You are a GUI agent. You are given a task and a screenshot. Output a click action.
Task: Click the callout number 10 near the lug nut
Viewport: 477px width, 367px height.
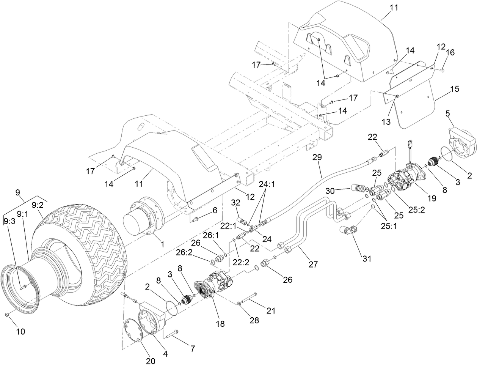click(x=20, y=331)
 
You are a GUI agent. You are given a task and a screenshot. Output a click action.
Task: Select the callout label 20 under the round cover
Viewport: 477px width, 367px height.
click(x=151, y=361)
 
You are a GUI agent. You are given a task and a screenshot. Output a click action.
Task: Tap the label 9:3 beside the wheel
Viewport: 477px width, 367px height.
click(x=11, y=221)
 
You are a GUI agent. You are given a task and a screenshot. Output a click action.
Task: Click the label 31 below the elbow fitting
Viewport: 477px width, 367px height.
click(x=366, y=259)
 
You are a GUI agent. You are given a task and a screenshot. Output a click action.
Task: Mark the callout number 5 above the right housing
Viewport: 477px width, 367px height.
click(x=448, y=113)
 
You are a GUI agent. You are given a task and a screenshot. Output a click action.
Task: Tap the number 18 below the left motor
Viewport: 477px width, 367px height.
click(x=220, y=324)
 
